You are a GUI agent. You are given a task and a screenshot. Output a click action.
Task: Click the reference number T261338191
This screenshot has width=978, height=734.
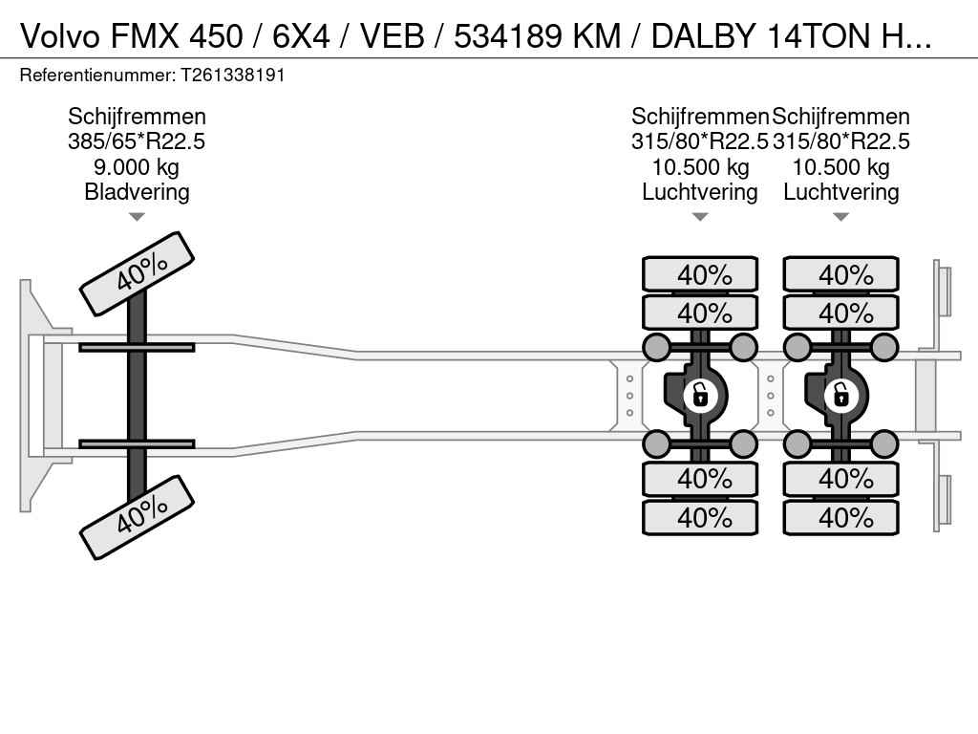232,75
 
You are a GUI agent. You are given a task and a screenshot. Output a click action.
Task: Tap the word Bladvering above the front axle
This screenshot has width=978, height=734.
137,192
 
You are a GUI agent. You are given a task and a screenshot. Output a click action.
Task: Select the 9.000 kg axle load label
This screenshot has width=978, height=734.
137,167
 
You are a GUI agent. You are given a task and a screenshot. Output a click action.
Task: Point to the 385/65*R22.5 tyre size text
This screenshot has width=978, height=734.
137,142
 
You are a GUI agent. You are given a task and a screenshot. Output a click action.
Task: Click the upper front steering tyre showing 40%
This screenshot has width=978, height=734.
137,273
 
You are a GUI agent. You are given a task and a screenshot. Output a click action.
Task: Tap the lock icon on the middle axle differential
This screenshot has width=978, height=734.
700,394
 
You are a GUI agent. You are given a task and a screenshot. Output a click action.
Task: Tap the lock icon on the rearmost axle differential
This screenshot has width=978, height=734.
841,394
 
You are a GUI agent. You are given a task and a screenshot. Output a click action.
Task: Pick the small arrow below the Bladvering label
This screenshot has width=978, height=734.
137,217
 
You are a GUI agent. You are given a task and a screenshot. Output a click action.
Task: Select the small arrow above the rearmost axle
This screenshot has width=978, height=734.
841,217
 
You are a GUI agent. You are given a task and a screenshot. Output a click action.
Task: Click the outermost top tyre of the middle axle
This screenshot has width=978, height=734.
700,275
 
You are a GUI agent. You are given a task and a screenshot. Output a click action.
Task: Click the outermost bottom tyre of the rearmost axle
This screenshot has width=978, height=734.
841,517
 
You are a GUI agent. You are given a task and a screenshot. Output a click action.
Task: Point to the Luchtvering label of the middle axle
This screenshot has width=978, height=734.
700,192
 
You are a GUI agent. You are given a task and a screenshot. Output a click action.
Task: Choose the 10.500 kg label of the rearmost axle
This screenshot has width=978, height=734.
841,167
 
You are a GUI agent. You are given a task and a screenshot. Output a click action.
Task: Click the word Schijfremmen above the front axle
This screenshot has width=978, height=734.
137,117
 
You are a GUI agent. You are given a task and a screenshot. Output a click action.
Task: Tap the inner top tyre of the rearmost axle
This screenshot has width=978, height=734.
841,313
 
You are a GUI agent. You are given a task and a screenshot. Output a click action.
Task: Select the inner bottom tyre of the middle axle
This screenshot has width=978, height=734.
700,478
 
